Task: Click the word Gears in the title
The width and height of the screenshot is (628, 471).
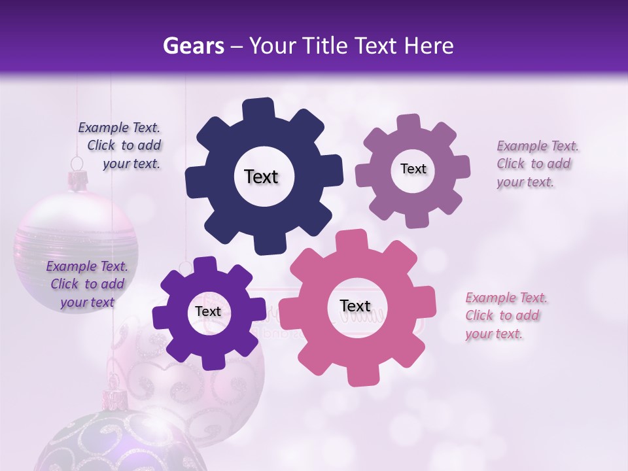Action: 190,46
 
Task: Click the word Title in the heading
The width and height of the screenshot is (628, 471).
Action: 326,46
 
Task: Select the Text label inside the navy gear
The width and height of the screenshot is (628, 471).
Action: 261,177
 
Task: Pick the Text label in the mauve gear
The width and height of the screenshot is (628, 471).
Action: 413,169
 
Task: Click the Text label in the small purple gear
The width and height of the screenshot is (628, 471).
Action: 208,311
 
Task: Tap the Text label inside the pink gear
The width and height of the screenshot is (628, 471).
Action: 355,305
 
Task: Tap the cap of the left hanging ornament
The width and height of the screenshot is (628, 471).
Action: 78,179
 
